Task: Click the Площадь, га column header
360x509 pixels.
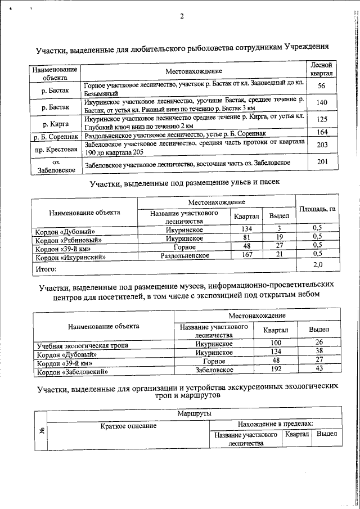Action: coord(317,209)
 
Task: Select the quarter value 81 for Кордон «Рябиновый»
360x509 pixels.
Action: coord(246,237)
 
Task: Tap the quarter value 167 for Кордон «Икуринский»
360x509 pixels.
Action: coord(246,255)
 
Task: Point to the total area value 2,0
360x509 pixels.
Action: coord(317,264)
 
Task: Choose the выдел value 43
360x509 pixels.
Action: coord(319,370)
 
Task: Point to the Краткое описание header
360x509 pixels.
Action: coord(128,426)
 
